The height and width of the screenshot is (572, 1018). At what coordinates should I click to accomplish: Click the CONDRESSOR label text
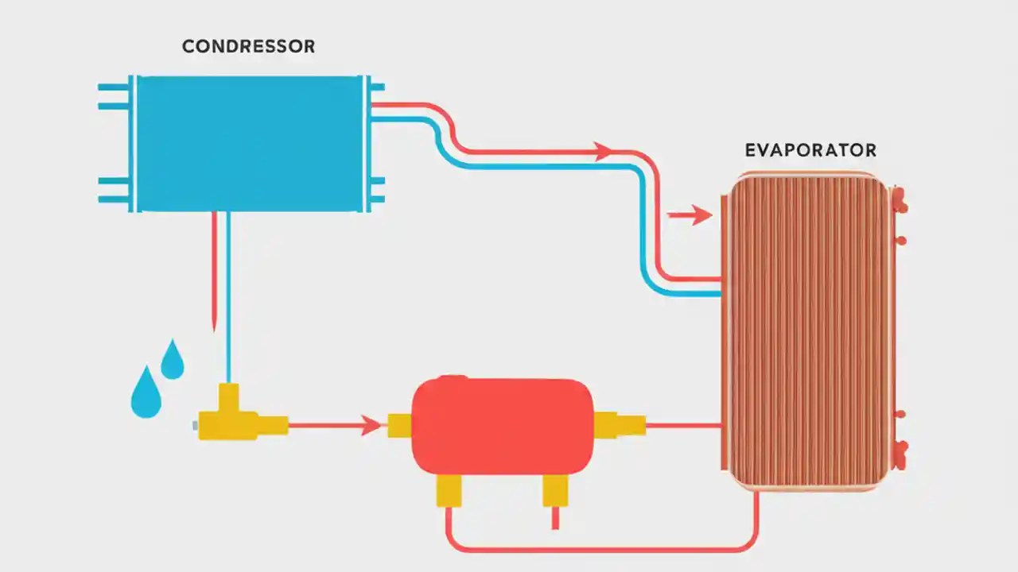coord(248,47)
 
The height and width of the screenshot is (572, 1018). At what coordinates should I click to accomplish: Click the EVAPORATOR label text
coord(810,150)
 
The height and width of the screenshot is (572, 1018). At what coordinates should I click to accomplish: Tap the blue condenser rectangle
coord(250,144)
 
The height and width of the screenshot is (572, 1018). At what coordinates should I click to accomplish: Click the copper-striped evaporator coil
coord(806,330)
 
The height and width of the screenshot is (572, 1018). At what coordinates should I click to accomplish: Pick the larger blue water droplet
coord(146,392)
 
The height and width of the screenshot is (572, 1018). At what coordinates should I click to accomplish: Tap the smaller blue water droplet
coord(173,360)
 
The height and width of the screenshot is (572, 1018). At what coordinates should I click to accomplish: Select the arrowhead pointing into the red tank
coord(371,426)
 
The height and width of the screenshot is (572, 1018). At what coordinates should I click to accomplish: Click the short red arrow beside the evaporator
coord(690,214)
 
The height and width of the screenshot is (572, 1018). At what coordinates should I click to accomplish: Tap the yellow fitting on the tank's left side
coord(399,426)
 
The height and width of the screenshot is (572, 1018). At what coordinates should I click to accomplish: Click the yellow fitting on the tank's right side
coord(617,425)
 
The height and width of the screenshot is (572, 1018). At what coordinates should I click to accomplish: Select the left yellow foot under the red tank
coord(449,489)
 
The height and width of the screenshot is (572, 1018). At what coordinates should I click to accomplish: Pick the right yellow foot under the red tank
coord(555,489)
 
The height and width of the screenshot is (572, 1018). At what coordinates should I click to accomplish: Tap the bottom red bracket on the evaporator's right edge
coord(899,454)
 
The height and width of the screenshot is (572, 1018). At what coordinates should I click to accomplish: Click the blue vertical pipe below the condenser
coord(229,302)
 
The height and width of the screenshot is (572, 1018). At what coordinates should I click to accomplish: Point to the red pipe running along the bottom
coord(596,550)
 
